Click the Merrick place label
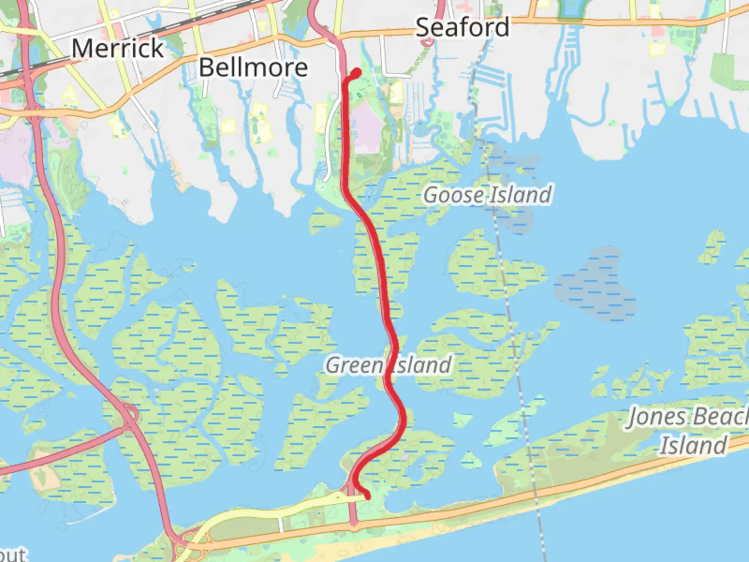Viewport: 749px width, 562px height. pos(118,48)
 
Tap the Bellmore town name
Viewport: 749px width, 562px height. pos(253,68)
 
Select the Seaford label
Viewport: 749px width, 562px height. pos(462,27)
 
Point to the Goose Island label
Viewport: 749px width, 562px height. pos(487,195)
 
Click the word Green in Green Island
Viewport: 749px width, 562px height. pos(354,365)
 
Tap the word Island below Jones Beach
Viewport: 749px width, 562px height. pos(693,445)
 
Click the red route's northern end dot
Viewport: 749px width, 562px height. pos(357,73)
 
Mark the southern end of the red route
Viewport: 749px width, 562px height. pos(367,496)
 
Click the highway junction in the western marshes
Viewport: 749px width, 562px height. pos(128,417)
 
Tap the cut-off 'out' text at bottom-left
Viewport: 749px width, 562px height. pos(12,554)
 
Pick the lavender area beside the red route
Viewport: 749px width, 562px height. pos(367,127)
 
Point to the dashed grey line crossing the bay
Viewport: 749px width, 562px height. pos(512,323)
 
